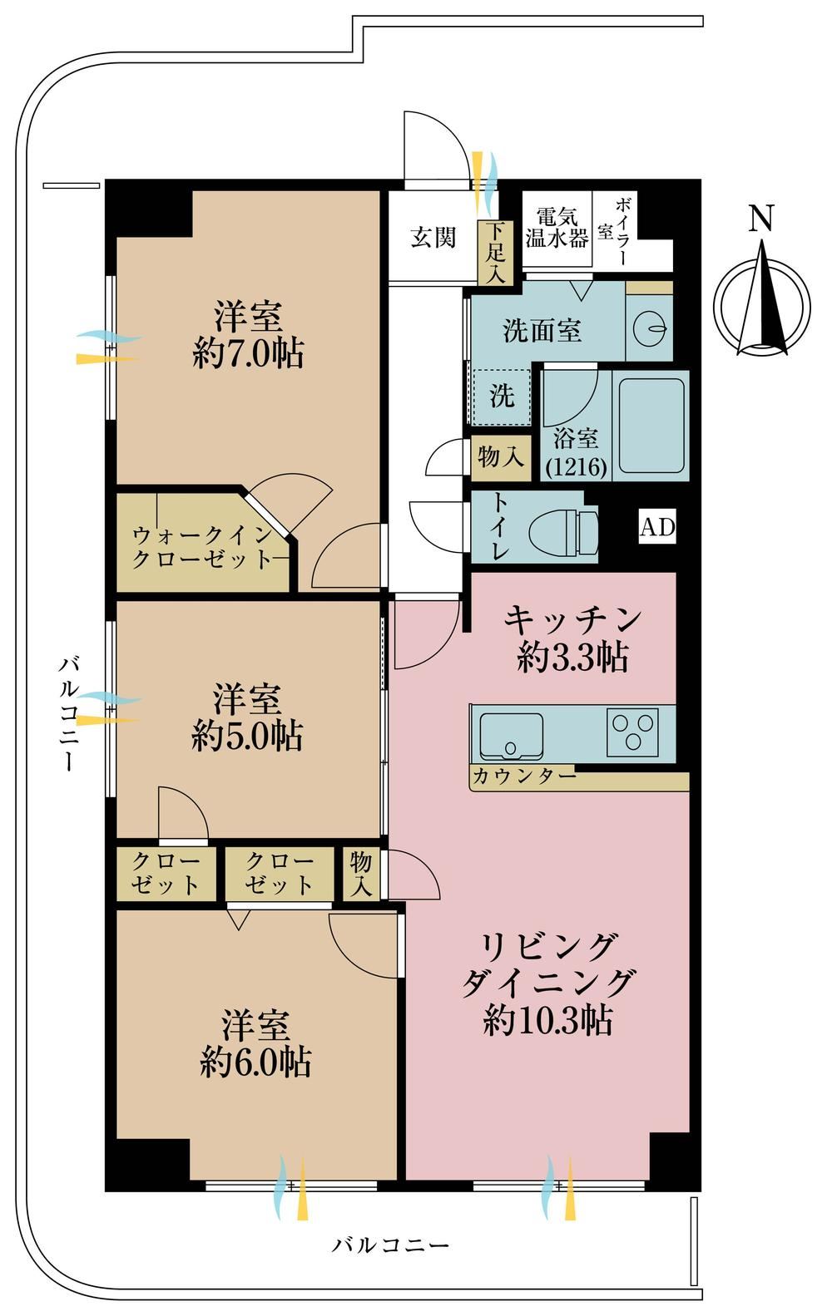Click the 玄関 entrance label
(x=433, y=238)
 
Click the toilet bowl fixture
(x=564, y=531)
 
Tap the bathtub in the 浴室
(x=652, y=426)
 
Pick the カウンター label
(x=524, y=776)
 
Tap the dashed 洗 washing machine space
(x=502, y=397)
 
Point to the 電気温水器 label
(x=557, y=228)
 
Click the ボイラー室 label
(x=614, y=231)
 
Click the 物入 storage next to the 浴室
(x=501, y=456)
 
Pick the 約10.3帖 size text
(x=548, y=1021)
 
